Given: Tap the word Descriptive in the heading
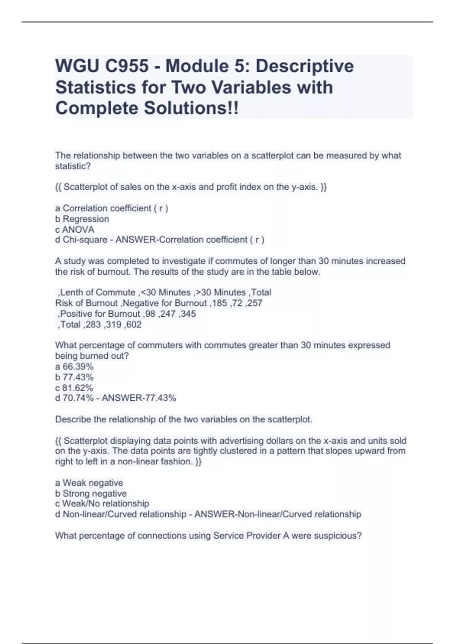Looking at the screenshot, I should (x=304, y=66).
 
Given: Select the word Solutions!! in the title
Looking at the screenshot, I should (x=191, y=108).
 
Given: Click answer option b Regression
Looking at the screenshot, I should (x=82, y=219).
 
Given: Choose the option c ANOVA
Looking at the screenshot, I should (x=75, y=230).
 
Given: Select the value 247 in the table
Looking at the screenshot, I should (x=168, y=314).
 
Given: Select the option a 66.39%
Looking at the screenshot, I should (x=74, y=367).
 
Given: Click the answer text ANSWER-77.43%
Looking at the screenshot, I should (x=139, y=398).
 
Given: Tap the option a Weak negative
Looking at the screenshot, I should (x=89, y=483).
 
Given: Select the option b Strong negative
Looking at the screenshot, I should (x=91, y=494).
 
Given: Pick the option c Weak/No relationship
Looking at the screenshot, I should (x=102, y=504).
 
